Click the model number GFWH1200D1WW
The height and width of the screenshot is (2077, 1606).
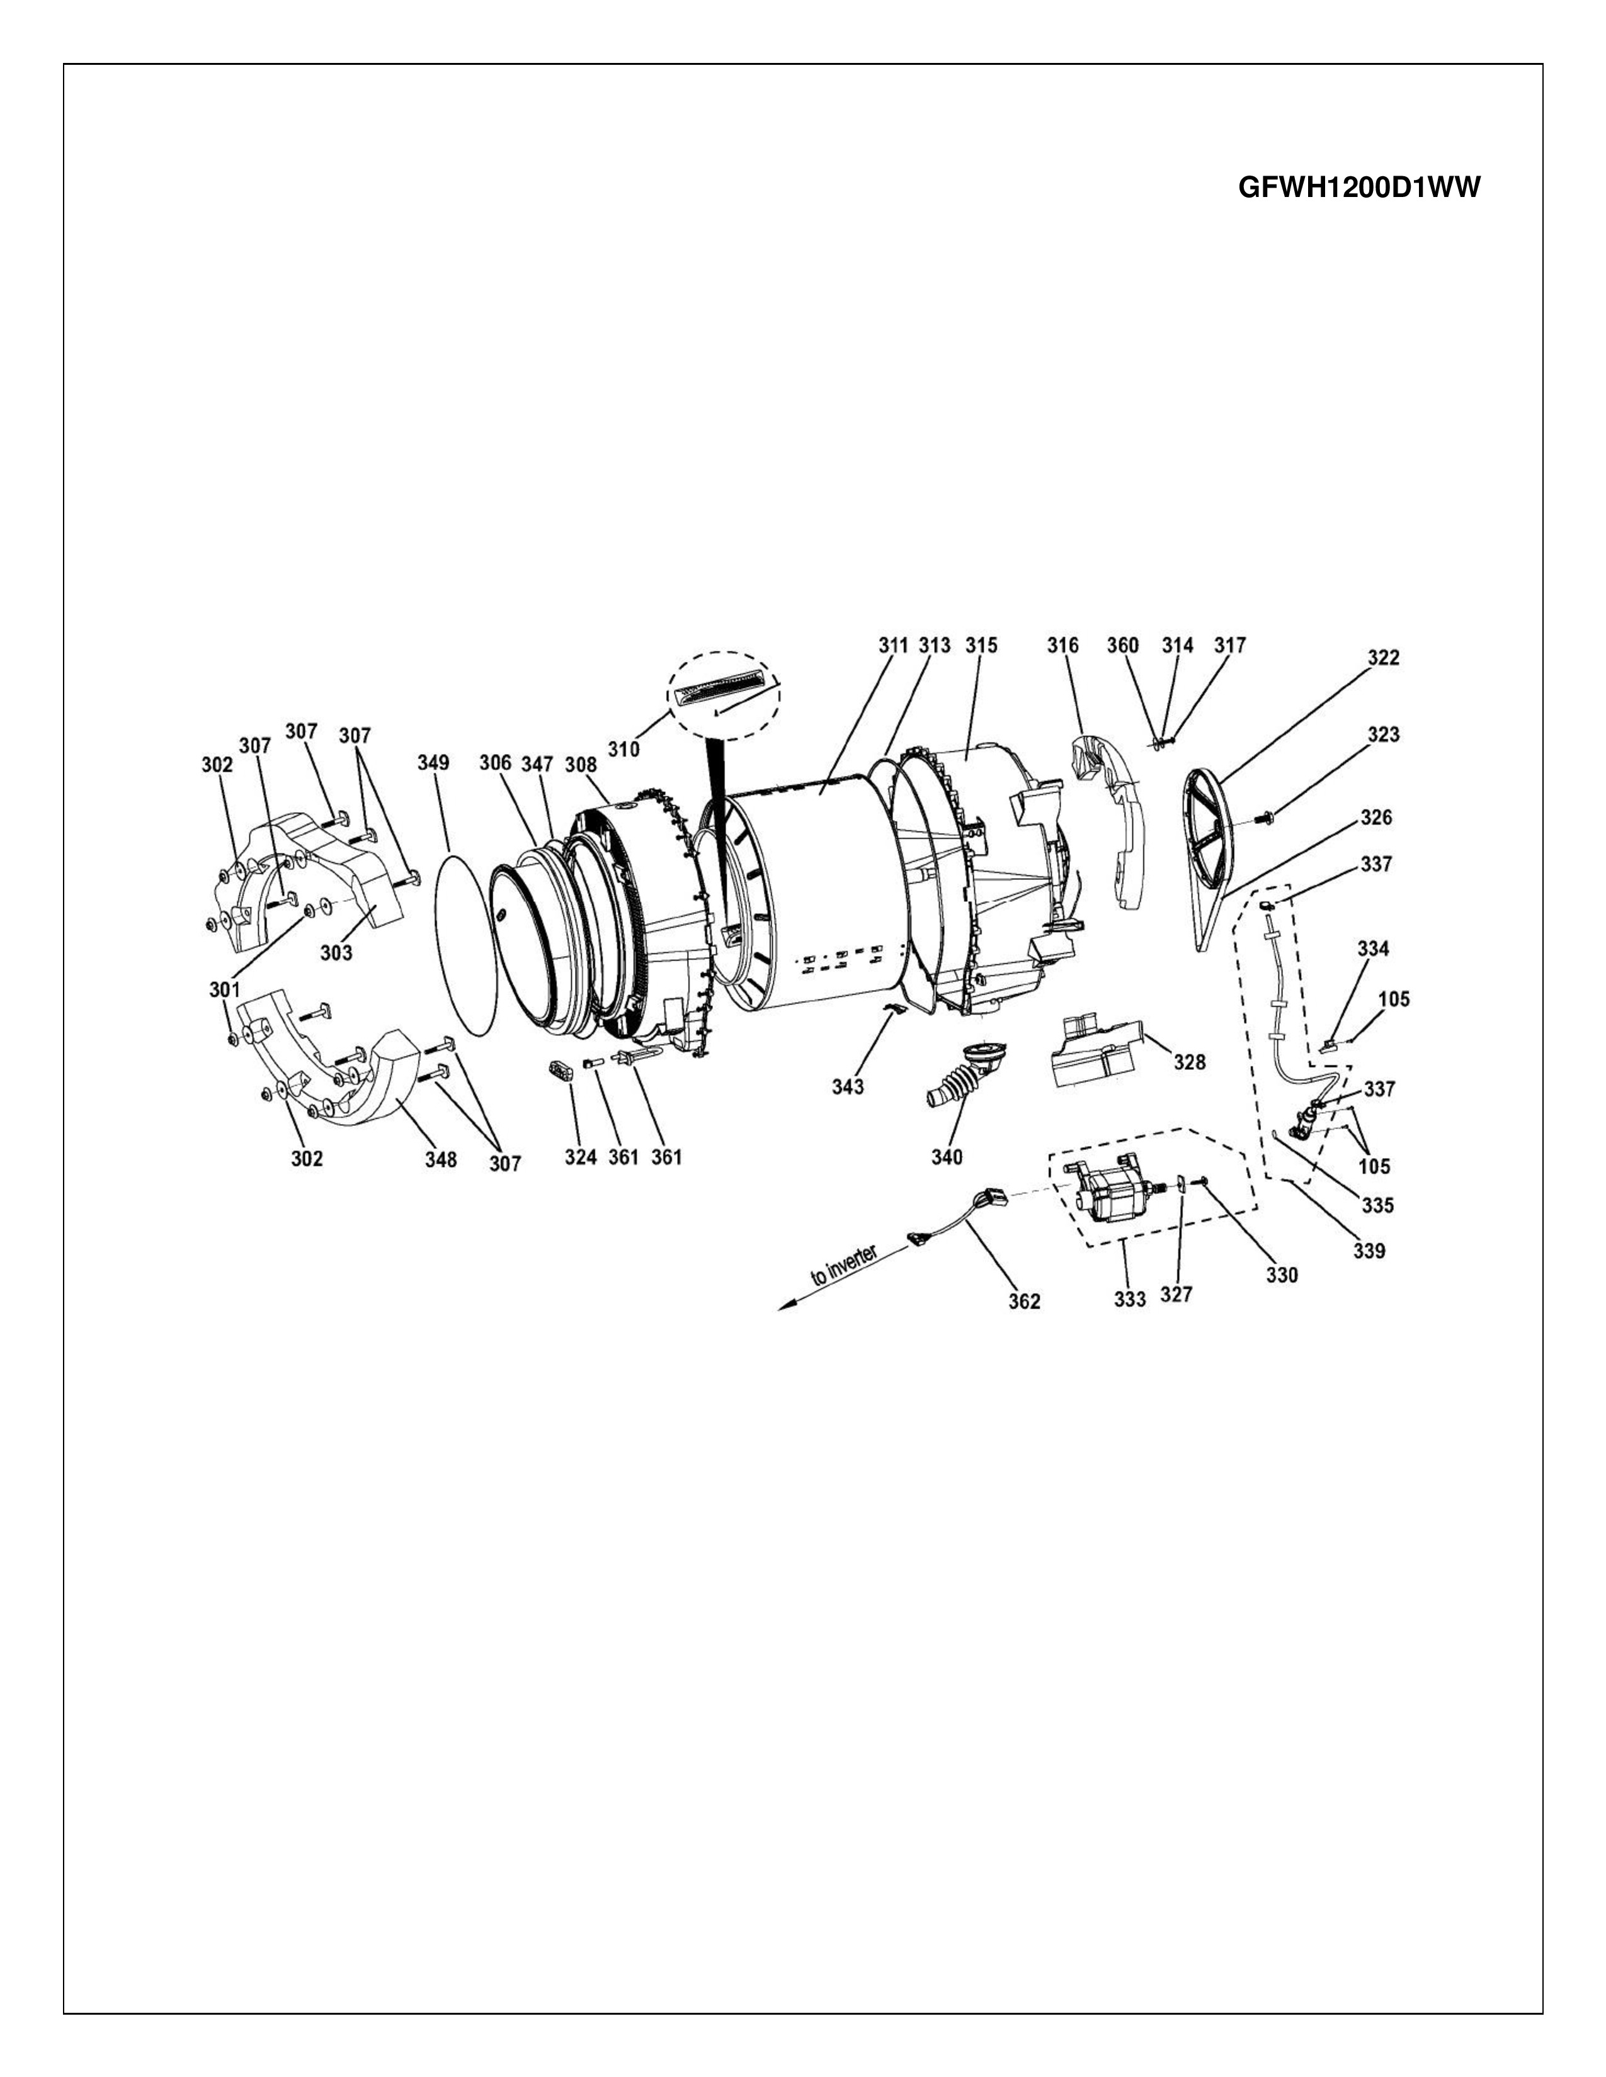click(x=1358, y=188)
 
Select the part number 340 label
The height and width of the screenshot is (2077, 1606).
click(x=947, y=1157)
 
